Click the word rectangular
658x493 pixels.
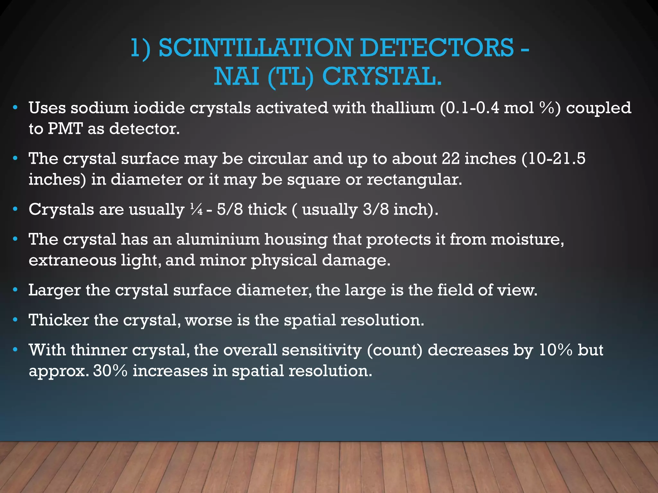coord(414,179)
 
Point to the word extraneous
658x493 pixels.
coord(72,260)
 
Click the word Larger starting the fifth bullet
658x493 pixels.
coord(55,290)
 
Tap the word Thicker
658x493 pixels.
coord(58,320)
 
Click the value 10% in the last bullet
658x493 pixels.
coord(556,350)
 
